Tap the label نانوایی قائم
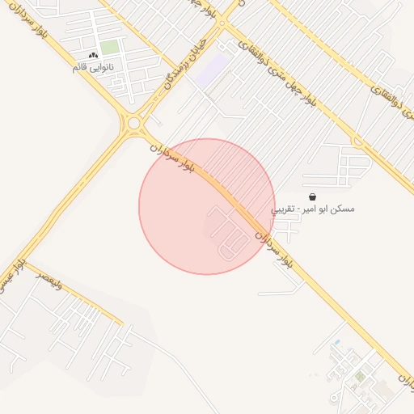93,66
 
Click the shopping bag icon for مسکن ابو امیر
313,196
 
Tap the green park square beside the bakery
109,48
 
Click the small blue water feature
337,343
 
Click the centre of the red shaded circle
207,206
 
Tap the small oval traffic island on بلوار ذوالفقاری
224,24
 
